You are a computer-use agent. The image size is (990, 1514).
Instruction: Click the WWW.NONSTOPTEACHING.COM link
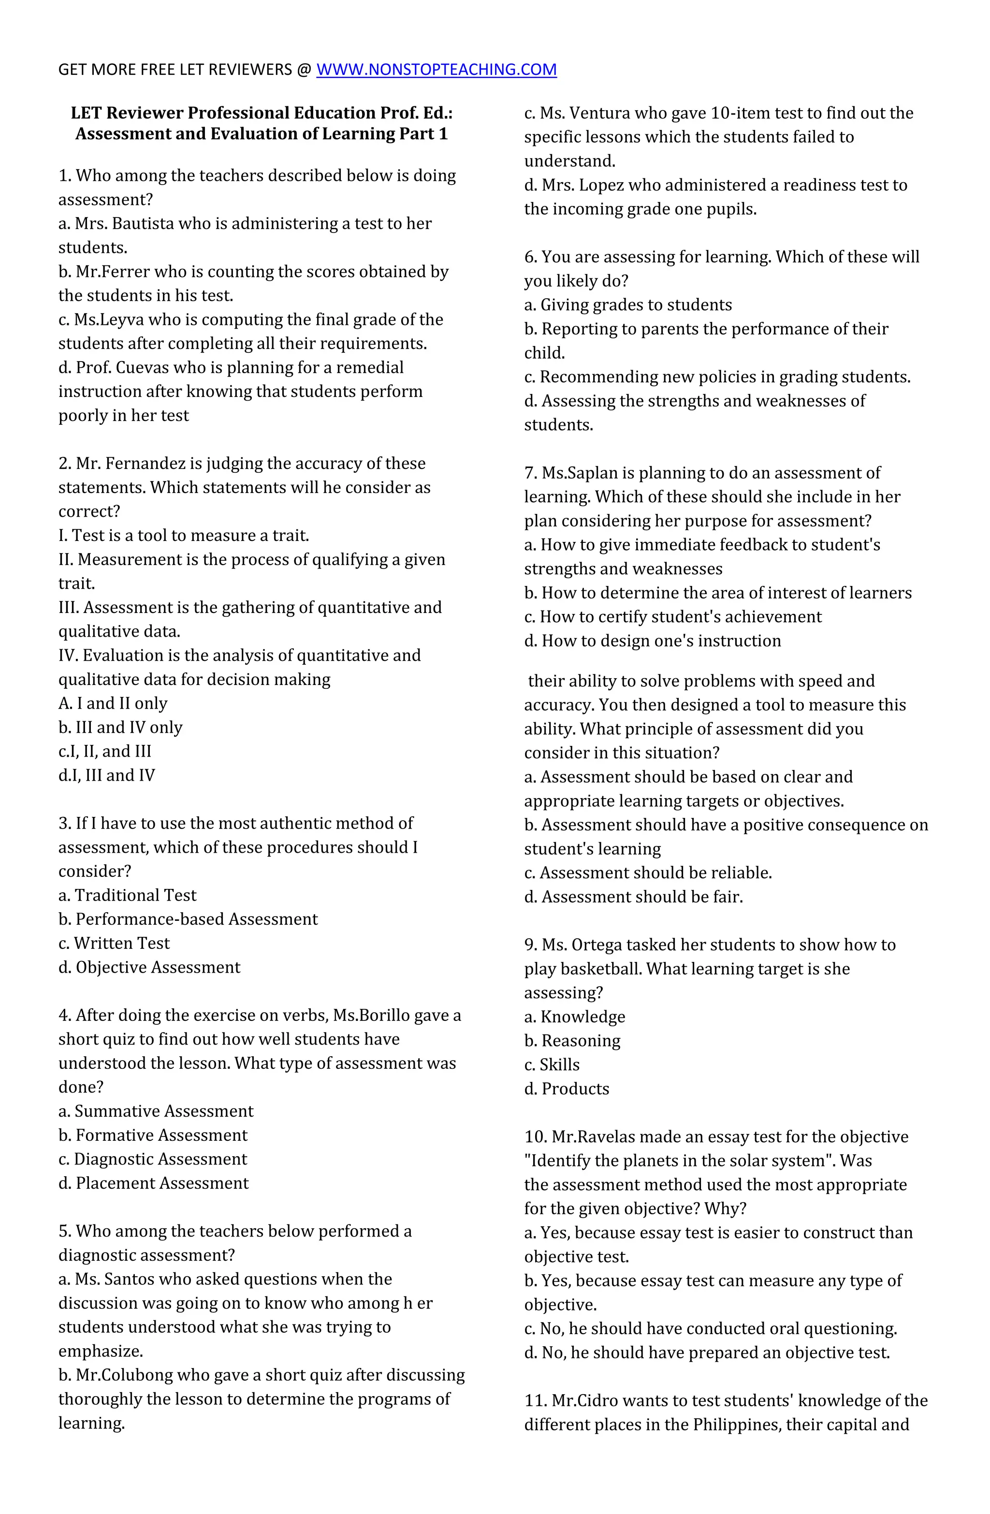point(436,69)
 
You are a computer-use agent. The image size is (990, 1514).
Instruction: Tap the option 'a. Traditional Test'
point(127,895)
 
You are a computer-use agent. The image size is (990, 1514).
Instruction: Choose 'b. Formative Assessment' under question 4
point(153,1135)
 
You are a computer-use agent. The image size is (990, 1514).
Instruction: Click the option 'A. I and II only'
point(113,703)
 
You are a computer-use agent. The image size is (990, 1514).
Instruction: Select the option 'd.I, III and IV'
point(106,775)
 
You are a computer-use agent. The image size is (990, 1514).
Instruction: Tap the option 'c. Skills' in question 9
point(552,1065)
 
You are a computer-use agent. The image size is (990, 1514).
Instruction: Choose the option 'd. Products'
point(566,1089)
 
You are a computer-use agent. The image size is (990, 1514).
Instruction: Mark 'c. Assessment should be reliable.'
point(648,873)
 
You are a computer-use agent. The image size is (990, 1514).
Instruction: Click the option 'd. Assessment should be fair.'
point(633,897)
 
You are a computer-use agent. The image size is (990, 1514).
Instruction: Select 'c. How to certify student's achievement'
point(672,617)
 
